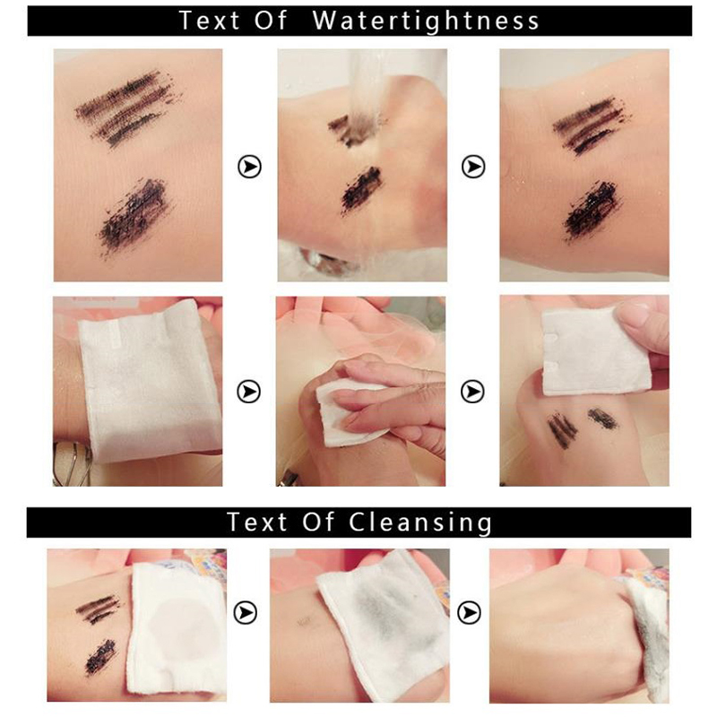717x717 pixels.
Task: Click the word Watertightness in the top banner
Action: [426, 21]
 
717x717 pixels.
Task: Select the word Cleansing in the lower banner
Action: [420, 523]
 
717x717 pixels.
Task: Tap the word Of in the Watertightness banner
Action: [271, 21]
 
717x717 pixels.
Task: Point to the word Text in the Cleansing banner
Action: [257, 522]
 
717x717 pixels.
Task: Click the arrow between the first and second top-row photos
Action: [250, 167]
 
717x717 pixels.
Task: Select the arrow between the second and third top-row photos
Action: [473, 167]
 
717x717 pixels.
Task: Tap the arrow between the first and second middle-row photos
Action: [249, 392]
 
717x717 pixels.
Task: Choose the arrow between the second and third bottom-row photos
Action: [469, 613]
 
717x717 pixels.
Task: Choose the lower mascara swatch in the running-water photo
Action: [361, 190]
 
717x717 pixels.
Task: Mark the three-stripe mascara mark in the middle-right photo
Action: [563, 430]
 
